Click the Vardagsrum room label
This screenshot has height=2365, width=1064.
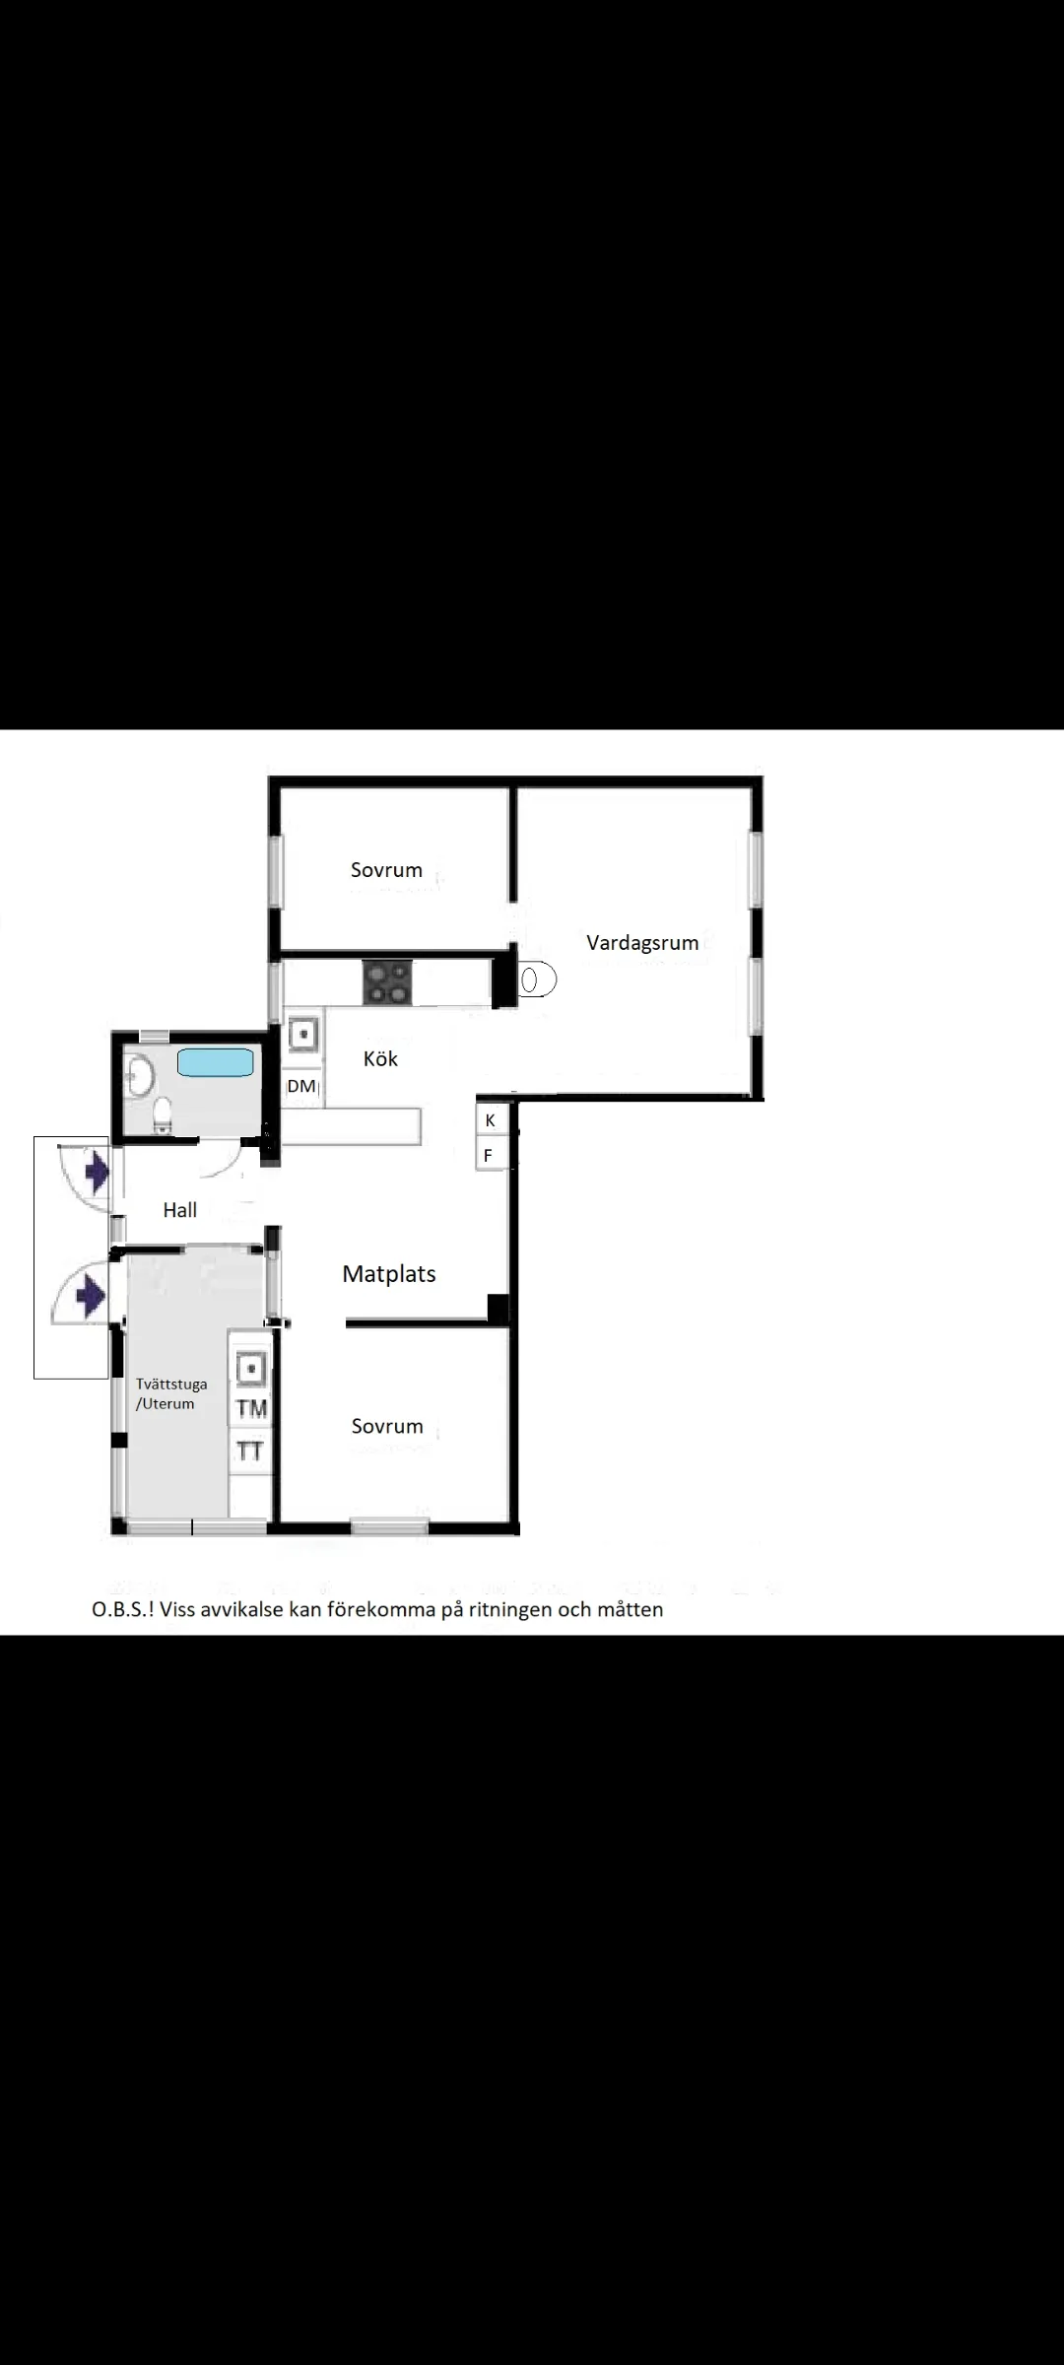click(642, 943)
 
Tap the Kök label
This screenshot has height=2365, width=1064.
click(380, 1058)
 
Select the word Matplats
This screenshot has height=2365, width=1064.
click(389, 1274)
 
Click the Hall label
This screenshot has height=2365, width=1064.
click(180, 1210)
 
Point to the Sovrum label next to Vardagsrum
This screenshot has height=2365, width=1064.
click(386, 870)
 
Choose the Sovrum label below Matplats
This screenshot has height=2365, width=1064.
click(387, 1426)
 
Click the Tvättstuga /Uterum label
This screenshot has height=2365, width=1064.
click(171, 1394)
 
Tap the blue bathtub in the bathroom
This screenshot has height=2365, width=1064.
click(216, 1062)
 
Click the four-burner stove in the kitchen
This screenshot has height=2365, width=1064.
click(387, 982)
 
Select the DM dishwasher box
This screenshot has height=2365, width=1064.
click(302, 1087)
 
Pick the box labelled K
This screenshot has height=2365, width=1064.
click(491, 1120)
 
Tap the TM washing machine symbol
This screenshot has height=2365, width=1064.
click(251, 1409)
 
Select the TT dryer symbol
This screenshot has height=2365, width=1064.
click(251, 1452)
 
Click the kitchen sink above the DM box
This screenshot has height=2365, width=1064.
click(303, 1035)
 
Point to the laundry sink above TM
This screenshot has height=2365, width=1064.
click(252, 1370)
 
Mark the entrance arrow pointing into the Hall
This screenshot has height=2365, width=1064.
click(97, 1173)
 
